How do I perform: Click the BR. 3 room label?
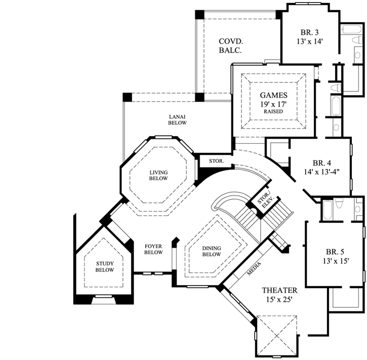(310, 32)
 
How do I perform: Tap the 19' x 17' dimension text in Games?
(273, 104)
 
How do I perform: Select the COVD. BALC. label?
(230, 46)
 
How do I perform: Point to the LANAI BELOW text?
(177, 119)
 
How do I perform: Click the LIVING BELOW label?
(158, 175)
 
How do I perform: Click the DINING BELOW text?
(211, 251)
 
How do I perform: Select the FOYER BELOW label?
(153, 249)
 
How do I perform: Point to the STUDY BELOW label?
(105, 266)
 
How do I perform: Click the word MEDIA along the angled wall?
(254, 272)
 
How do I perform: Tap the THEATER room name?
(279, 291)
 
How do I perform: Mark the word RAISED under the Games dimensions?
(273, 111)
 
